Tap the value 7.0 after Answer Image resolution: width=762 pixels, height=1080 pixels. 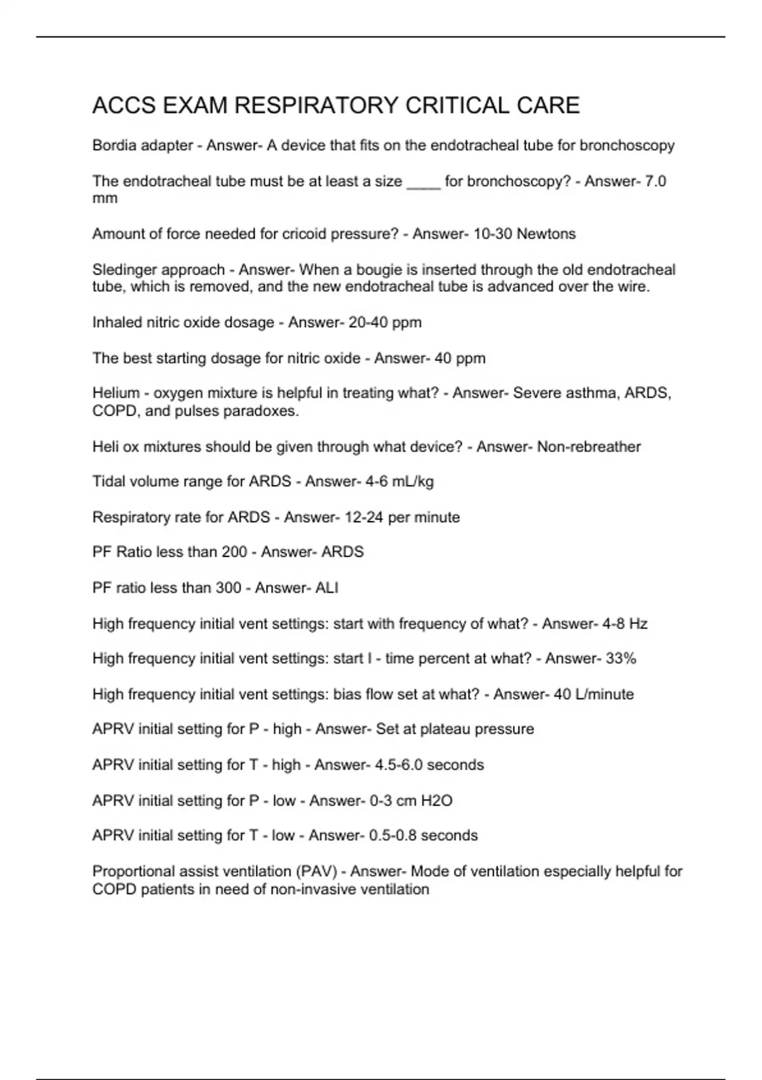[x=655, y=182]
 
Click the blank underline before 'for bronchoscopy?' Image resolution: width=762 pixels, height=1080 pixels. [x=423, y=184]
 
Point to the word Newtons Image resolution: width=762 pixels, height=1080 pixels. [x=546, y=234]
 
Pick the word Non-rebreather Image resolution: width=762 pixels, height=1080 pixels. [x=589, y=447]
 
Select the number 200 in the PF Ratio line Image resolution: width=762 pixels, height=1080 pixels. [x=234, y=552]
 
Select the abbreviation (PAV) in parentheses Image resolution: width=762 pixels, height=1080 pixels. [x=316, y=872]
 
